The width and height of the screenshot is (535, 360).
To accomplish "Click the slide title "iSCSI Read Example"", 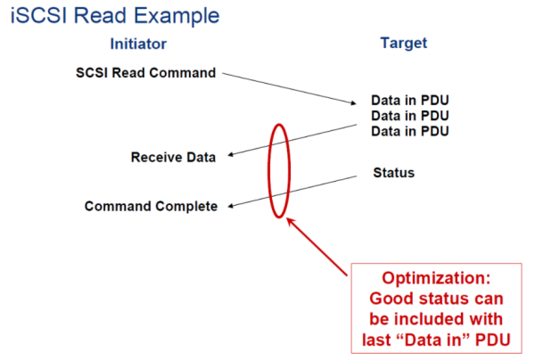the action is click(115, 16).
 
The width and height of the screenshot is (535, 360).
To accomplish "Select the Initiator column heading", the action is click(138, 44).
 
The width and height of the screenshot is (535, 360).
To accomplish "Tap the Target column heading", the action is click(404, 44).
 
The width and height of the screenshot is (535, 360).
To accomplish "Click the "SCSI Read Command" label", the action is click(145, 72).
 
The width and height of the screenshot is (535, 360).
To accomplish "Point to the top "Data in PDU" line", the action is click(410, 100).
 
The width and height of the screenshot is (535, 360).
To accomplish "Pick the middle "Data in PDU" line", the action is click(410, 116).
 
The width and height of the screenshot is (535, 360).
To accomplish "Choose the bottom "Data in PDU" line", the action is click(410, 131).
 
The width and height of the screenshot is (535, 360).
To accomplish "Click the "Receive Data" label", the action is click(173, 157).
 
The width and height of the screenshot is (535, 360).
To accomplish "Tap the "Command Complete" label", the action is click(151, 206).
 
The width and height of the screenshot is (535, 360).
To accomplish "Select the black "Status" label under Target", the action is click(394, 173).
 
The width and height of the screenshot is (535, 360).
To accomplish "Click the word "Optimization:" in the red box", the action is click(436, 278).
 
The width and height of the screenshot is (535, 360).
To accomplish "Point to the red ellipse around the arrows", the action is click(269, 170).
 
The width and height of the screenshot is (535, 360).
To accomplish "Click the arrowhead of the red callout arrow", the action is click(289, 221).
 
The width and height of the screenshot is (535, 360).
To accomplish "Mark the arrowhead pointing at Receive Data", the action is click(230, 155).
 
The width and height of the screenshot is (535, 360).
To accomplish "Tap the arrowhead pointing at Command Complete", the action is click(231, 206).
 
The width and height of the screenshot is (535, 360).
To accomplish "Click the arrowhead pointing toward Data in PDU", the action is click(353, 102).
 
